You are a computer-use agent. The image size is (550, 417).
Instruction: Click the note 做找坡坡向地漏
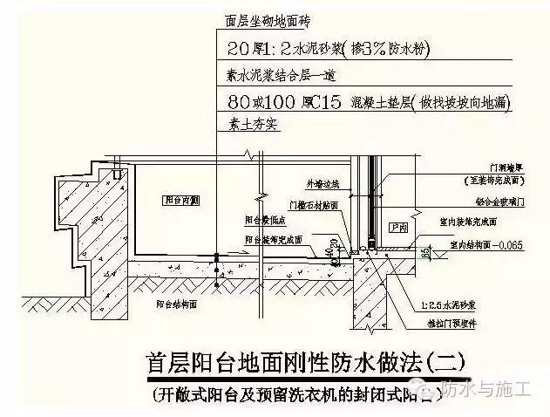453,103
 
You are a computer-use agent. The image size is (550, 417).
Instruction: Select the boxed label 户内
400,228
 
